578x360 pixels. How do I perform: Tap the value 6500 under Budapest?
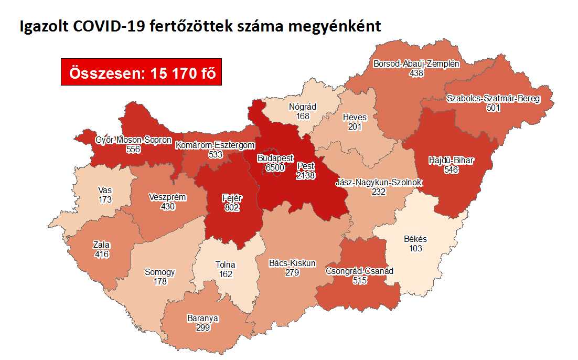point(275,167)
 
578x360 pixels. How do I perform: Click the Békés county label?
point(415,239)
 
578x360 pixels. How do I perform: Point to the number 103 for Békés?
point(415,248)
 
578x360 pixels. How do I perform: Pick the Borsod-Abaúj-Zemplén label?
point(416,64)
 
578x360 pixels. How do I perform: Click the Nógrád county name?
point(303,107)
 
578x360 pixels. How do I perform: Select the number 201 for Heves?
point(355,126)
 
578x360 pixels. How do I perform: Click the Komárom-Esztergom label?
point(216,145)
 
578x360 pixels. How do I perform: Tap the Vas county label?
point(104,190)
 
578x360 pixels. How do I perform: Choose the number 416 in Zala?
point(101,253)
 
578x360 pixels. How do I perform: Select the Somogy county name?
point(159,272)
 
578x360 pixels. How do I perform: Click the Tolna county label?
point(226,265)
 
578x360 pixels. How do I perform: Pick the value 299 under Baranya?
point(202,327)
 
